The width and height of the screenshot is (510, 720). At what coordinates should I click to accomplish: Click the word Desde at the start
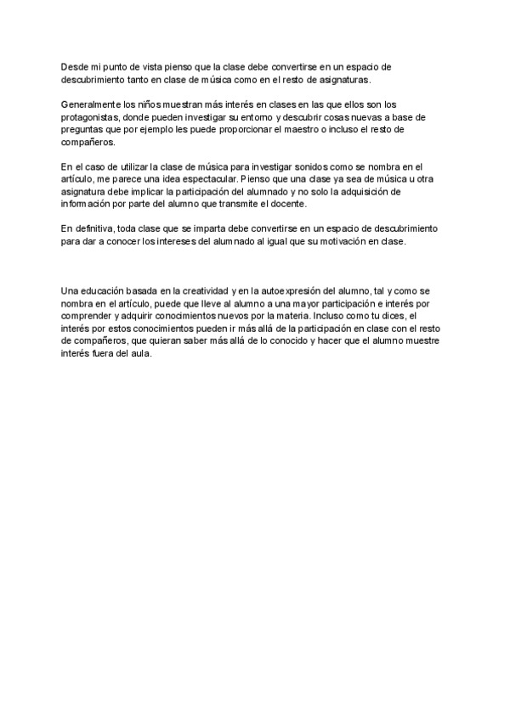click(75, 65)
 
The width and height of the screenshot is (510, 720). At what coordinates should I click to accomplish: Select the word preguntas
click(83, 131)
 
